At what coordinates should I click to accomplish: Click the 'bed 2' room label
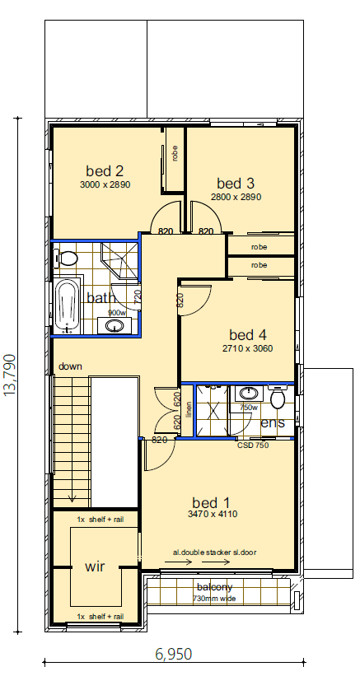tap(105, 171)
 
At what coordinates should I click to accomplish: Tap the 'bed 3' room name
tap(236, 183)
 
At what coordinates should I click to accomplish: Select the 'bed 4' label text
tap(247, 335)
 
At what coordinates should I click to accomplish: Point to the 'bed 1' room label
tap(211, 502)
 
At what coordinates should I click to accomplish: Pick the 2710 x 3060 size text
tap(247, 348)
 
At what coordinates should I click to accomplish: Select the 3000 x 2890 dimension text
tap(105, 184)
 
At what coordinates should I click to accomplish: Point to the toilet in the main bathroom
tap(68, 259)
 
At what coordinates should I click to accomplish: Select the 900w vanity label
tap(116, 313)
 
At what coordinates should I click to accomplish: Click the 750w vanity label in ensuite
tap(247, 407)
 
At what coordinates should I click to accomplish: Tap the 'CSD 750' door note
tap(253, 445)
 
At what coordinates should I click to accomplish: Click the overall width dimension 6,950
tap(173, 655)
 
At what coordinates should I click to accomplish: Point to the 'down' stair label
tap(70, 366)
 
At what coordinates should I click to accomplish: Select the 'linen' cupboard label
tap(189, 409)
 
